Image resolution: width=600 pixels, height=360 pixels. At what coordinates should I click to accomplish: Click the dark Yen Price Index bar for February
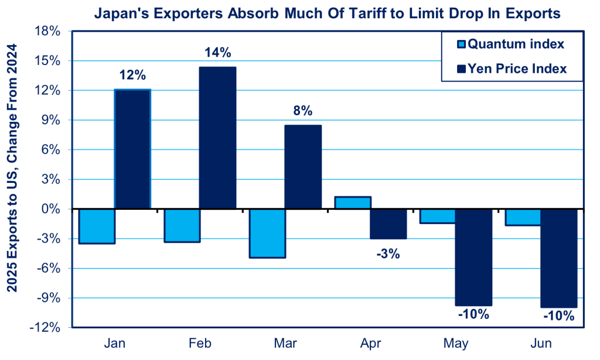coord(217,138)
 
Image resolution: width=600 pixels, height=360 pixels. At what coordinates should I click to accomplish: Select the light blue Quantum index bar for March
coord(267,233)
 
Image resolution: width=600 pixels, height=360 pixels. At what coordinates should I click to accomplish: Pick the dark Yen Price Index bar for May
coord(473,257)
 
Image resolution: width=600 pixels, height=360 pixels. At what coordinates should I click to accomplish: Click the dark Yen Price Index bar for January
coord(132,149)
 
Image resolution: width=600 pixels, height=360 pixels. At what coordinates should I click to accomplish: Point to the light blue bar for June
coord(523,217)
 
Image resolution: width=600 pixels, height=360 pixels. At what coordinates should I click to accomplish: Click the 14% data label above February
coord(217,53)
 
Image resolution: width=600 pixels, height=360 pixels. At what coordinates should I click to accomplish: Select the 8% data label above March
coord(303,111)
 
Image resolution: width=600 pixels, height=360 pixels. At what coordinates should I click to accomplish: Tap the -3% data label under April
coord(388,254)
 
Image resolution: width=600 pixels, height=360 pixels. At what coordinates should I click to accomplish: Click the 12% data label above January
coord(132,75)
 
